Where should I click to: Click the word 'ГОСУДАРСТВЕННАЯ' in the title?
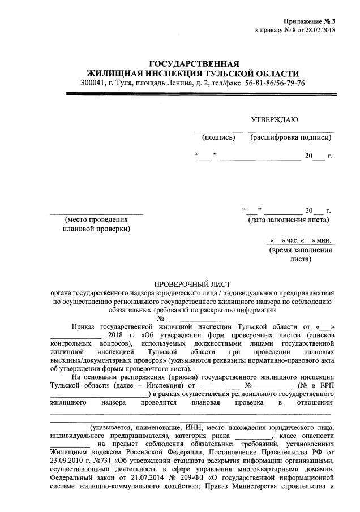coord(194,63)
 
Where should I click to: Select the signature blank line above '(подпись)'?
coord(218,131)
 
